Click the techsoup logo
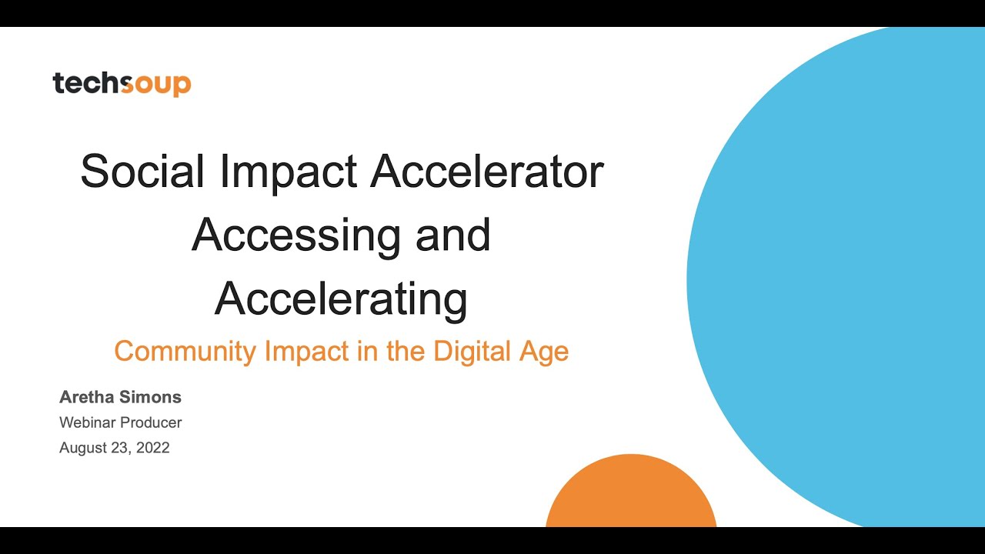(122, 83)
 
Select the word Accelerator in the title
(487, 171)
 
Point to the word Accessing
(295, 235)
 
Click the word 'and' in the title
(452, 235)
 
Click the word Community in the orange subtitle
(185, 351)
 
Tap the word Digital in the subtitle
(472, 351)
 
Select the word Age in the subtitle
(543, 352)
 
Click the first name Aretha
(87, 397)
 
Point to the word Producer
(152, 422)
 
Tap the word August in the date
(83, 448)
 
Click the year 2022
(152, 448)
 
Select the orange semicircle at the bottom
(631, 496)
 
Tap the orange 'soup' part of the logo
(157, 83)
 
